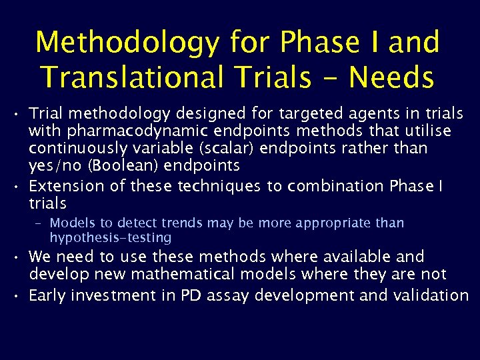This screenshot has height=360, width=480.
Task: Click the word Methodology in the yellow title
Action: (x=127, y=43)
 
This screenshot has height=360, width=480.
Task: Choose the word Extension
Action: (x=62, y=187)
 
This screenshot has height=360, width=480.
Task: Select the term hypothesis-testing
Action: (x=111, y=237)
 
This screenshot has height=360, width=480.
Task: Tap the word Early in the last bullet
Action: (x=47, y=295)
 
